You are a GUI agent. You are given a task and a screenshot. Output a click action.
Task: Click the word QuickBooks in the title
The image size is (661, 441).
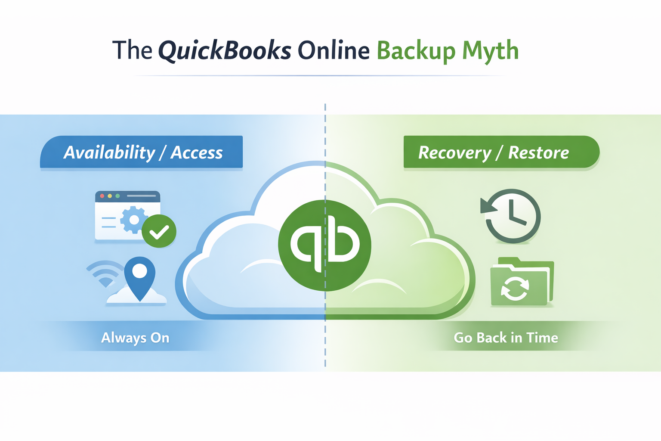(x=225, y=51)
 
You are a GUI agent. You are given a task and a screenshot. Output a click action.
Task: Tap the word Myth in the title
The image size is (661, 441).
(x=490, y=51)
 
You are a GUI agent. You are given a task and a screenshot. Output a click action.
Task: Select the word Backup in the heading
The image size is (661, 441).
(x=416, y=51)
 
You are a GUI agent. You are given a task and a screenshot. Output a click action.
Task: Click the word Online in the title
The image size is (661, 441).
(x=334, y=51)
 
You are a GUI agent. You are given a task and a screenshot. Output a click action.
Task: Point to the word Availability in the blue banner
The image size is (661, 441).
(x=109, y=152)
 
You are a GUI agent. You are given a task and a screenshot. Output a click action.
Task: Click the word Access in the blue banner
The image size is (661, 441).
(x=197, y=152)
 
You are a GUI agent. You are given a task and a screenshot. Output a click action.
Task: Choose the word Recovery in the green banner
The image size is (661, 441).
(x=454, y=152)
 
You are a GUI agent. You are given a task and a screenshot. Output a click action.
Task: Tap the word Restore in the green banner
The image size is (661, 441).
(x=538, y=152)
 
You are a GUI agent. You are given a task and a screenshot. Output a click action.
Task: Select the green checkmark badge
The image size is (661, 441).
(x=159, y=231)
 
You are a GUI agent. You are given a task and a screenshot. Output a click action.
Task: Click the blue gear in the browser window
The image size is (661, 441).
(x=133, y=220)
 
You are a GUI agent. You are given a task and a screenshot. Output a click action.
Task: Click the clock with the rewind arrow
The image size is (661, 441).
(x=512, y=215)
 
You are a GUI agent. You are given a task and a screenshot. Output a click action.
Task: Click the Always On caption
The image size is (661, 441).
(x=135, y=338)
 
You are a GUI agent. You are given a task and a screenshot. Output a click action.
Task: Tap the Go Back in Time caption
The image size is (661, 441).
(x=506, y=338)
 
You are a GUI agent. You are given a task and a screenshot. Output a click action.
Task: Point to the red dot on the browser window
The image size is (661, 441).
(x=102, y=196)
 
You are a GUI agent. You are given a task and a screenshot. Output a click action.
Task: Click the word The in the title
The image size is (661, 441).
(x=132, y=51)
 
